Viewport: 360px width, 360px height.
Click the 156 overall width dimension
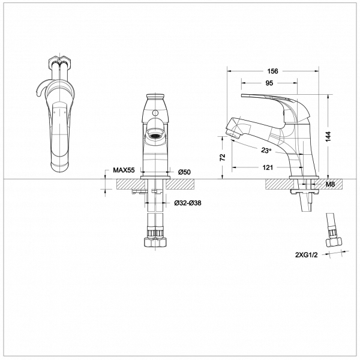[x=272, y=71]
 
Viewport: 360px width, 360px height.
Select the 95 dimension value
[x=269, y=83]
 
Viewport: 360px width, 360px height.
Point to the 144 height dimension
[x=329, y=136]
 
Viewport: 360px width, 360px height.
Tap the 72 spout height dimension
[x=223, y=157]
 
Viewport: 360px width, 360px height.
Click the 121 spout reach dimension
[x=268, y=167]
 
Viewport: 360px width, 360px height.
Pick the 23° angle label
[x=266, y=151]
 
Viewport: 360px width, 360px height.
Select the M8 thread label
[x=330, y=184]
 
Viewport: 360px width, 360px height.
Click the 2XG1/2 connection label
[x=307, y=255]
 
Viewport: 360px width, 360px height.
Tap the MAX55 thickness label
[x=124, y=170]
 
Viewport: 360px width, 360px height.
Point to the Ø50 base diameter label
[x=184, y=172]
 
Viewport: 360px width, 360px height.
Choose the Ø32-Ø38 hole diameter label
[x=188, y=203]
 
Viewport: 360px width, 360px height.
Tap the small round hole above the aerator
[x=155, y=113]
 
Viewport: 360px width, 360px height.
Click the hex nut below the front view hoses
[x=155, y=242]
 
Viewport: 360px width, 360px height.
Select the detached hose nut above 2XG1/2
[x=334, y=242]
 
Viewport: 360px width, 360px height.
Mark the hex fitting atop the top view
[x=60, y=62]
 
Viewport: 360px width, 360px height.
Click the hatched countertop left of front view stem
[x=131, y=184]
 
